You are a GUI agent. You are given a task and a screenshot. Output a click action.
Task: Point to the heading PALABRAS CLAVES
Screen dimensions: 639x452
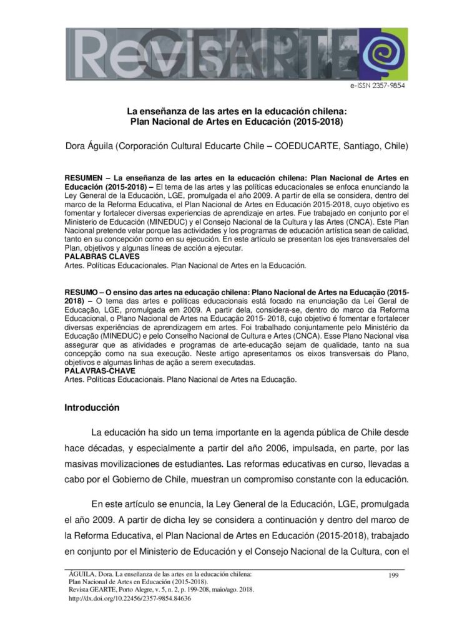click(102, 256)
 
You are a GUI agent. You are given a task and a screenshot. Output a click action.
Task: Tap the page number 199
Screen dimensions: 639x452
click(393, 575)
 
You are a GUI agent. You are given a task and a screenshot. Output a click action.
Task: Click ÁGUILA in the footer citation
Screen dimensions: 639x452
click(81, 574)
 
